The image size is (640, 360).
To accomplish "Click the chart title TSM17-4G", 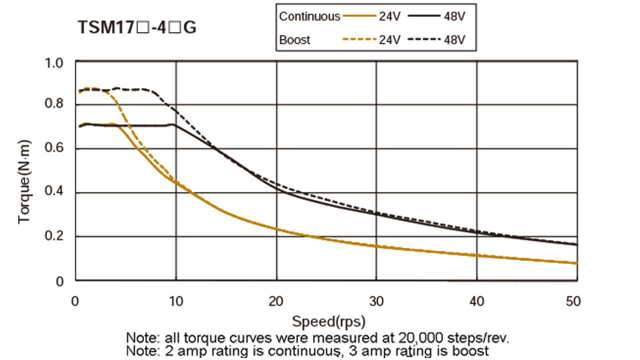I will tap(136, 27).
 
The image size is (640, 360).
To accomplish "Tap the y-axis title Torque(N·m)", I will tap(24, 181).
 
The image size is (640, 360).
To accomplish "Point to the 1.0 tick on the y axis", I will tap(55, 62).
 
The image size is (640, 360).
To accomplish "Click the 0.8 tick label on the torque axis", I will tap(55, 106).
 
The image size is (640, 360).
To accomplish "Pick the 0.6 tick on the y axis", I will tap(55, 149).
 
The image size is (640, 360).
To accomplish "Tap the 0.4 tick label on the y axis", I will tap(55, 193).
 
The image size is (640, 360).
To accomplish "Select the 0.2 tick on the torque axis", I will tap(55, 236).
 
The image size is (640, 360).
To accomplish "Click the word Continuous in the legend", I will tap(309, 16).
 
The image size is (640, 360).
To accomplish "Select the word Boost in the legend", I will tap(294, 40).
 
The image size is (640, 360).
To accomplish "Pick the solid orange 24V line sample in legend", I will tap(359, 16).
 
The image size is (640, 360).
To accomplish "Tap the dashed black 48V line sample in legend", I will tap(424, 40).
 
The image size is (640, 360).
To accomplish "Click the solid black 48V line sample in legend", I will tap(424, 16).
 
